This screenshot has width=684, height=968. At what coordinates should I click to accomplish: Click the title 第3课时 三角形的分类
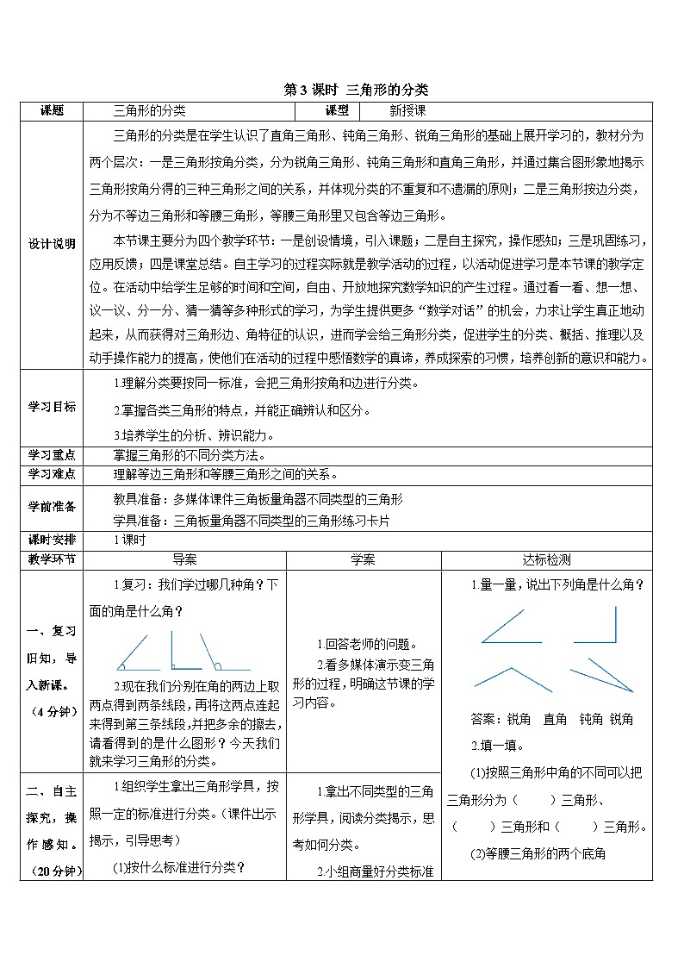click(356, 89)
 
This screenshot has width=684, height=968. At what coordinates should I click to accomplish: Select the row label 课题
click(53, 110)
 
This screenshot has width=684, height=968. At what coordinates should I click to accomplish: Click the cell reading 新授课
click(407, 110)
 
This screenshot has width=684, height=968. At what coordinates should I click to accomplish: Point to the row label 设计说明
click(53, 244)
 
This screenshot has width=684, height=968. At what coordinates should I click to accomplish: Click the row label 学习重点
click(53, 454)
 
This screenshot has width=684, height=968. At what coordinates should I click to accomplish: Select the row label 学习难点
click(53, 474)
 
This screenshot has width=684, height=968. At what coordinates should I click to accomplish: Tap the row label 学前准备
click(53, 507)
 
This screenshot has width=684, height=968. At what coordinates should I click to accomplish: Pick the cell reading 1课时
click(132, 540)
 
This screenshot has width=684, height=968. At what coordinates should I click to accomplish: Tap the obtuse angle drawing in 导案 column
click(220, 653)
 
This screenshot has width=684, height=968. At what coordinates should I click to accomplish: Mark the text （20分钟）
click(53, 871)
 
